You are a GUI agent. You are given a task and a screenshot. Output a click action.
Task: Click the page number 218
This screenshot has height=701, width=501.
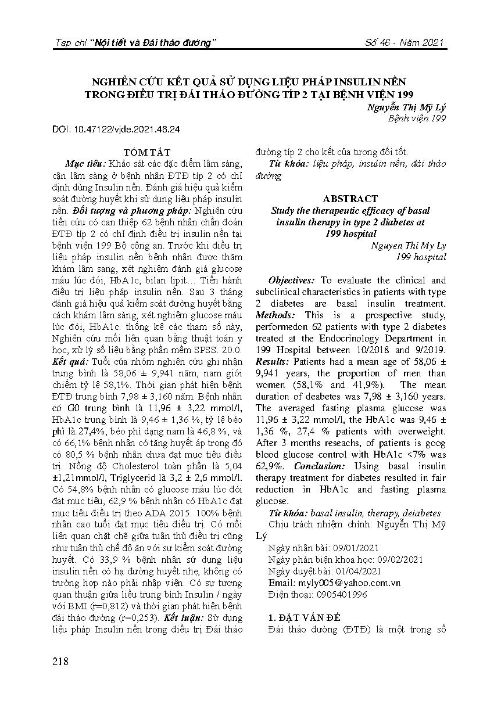(x=60, y=662)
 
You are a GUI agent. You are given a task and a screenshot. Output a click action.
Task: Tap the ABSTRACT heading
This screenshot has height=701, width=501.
(x=350, y=199)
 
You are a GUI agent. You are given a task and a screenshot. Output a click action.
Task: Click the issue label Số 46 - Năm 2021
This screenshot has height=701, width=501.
(x=405, y=43)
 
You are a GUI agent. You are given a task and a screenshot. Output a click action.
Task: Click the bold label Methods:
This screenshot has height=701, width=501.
(x=275, y=315)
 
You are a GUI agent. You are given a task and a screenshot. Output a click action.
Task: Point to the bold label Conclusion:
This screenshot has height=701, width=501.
(x=319, y=466)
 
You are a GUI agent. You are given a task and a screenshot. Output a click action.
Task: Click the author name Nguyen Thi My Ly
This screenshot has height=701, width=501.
(x=407, y=245)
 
